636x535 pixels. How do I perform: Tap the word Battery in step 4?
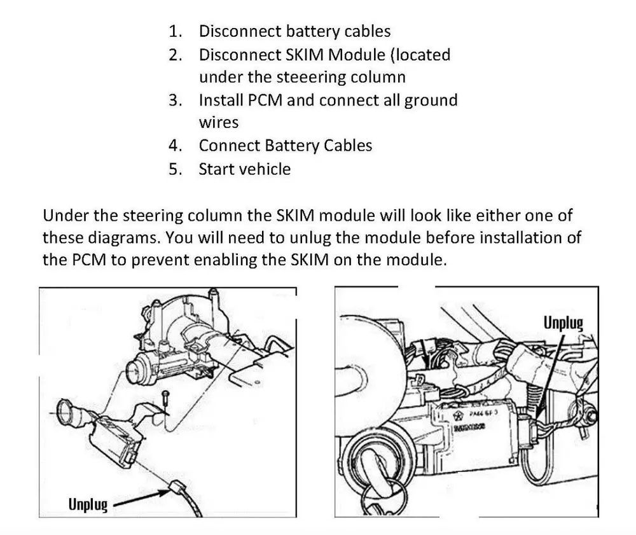tap(287, 146)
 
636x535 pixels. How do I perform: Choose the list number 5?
tap(176, 169)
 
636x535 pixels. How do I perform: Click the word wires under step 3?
tap(218, 123)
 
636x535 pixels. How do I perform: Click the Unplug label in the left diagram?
tap(88, 505)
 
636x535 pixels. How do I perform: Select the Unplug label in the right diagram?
tap(563, 324)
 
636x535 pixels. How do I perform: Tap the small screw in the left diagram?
tap(164, 398)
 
